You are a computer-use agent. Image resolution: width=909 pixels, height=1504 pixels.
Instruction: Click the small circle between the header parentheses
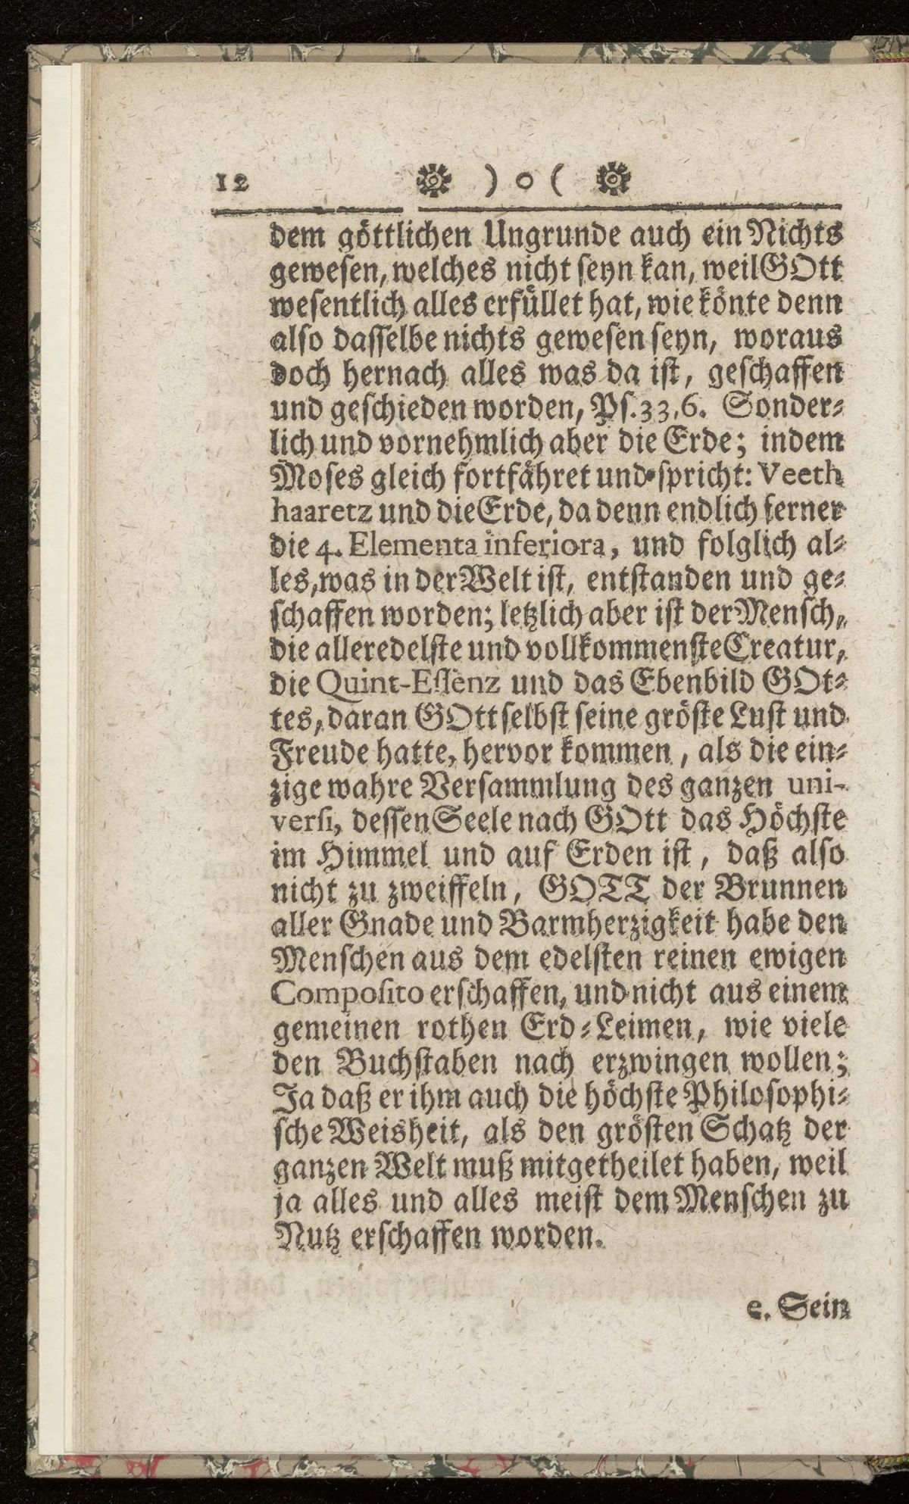click(521, 185)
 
